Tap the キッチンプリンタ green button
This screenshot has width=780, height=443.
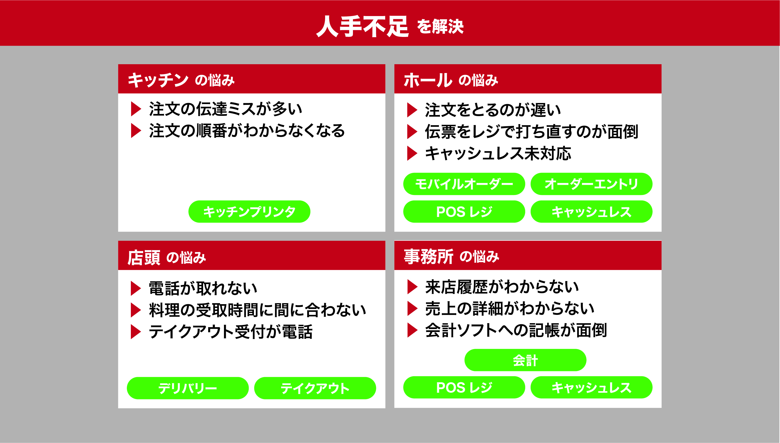[249, 211]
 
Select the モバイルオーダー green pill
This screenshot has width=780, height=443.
[464, 184]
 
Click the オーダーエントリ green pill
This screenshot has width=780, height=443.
[591, 184]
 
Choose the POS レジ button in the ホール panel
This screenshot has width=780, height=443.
[464, 211]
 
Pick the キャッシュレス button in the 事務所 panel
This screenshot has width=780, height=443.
[591, 387]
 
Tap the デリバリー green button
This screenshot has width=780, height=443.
[188, 388]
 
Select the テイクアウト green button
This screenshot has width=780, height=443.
[315, 388]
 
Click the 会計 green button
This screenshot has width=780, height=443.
[525, 360]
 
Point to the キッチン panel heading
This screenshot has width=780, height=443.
[158, 80]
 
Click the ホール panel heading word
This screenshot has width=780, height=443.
[428, 80]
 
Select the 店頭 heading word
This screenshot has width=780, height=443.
[144, 257]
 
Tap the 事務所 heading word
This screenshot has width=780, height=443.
[428, 257]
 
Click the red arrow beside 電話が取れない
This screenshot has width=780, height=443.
[136, 288]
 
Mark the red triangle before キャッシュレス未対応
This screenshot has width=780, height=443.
[412, 153]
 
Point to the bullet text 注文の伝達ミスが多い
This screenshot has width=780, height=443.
[226, 109]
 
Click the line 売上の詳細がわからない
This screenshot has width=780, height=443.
[510, 308]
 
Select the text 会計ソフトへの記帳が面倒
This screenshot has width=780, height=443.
[516, 330]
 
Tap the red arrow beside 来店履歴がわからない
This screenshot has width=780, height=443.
[412, 287]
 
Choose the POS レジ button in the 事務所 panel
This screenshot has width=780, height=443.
[464, 387]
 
